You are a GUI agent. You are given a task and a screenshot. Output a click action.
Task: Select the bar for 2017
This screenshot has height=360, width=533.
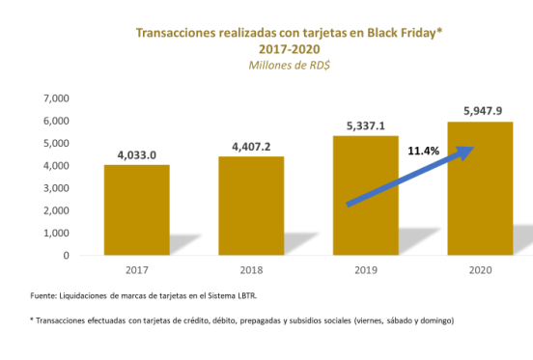(x=137, y=210)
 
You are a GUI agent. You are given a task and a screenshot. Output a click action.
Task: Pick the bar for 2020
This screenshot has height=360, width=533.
(x=479, y=189)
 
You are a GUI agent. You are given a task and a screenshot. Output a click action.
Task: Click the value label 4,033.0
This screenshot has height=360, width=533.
(x=137, y=152)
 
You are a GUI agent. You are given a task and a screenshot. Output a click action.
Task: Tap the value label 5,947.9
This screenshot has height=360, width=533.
(x=479, y=110)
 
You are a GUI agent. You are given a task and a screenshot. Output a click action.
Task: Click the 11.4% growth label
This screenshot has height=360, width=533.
(x=423, y=152)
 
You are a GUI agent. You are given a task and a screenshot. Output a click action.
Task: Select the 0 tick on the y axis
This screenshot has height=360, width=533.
(x=66, y=256)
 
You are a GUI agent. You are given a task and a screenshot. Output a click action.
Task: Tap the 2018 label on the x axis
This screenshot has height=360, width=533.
(x=251, y=271)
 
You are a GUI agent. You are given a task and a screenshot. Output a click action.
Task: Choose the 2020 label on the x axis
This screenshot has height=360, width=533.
(x=479, y=271)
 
